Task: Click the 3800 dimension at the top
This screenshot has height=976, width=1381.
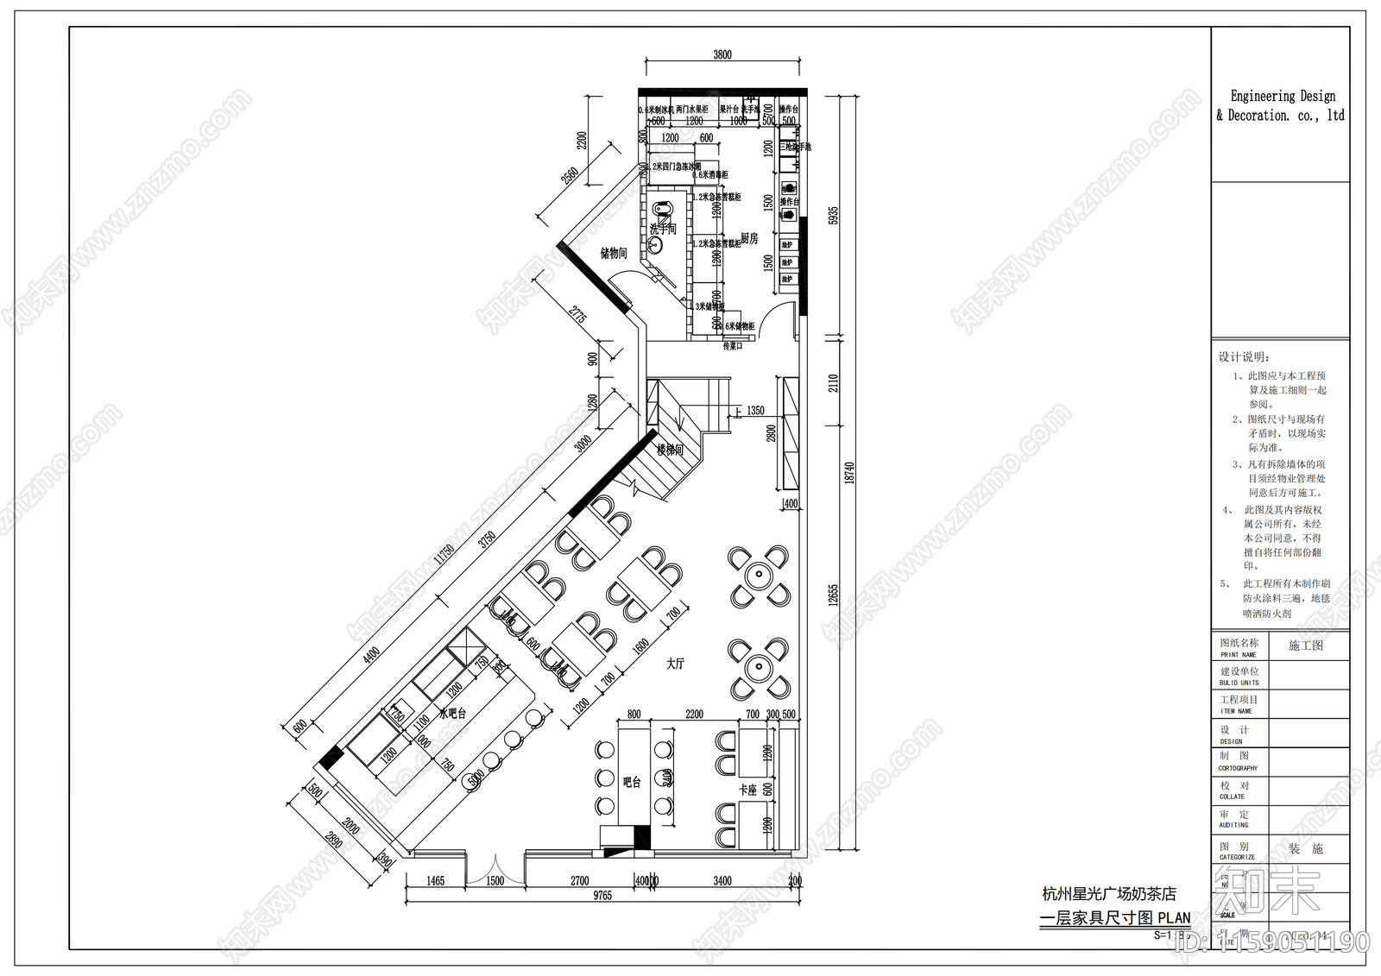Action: [x=722, y=54]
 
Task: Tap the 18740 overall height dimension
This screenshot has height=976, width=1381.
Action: [x=849, y=472]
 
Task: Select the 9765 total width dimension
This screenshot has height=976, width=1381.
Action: [x=602, y=896]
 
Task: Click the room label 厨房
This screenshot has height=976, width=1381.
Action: [x=749, y=238]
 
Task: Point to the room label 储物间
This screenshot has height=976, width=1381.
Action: [x=614, y=253]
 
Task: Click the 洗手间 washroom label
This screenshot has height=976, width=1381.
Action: [x=663, y=229]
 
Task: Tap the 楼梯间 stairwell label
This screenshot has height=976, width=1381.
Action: [x=670, y=450]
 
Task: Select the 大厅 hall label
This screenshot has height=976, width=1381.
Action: [x=675, y=664]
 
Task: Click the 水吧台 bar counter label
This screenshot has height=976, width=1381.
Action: [x=452, y=714]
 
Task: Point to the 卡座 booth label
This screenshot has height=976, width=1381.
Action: [x=747, y=790]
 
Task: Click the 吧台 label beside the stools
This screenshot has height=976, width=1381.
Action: [x=632, y=782]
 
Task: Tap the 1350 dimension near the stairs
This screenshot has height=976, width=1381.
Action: [x=755, y=411]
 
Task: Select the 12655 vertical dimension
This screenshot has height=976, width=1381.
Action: [x=834, y=595]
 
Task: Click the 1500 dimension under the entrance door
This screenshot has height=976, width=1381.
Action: [x=495, y=881]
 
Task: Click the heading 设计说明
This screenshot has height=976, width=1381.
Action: [x=1244, y=356]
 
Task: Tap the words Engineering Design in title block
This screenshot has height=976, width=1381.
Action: [x=1282, y=96]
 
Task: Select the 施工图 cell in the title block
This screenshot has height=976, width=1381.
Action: [x=1305, y=645]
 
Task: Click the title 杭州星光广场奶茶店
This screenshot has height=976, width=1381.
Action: [x=1108, y=894]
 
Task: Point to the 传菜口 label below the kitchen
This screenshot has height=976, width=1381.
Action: [x=732, y=346]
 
